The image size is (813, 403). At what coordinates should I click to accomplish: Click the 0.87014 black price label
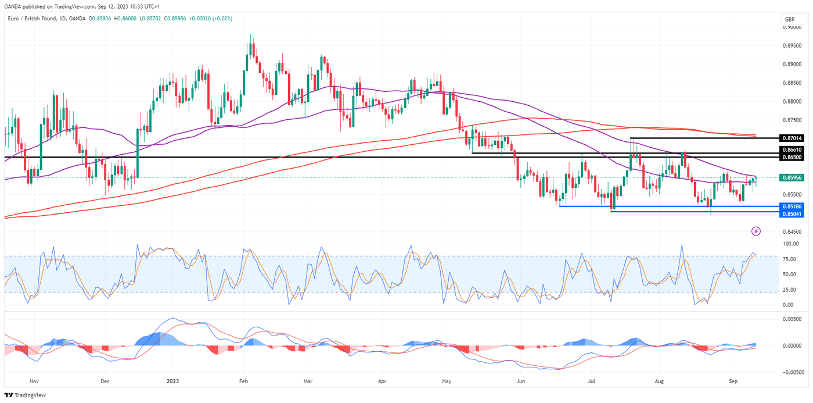pyautogui.click(x=792, y=138)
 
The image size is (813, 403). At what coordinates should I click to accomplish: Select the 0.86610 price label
pyautogui.click(x=792, y=150)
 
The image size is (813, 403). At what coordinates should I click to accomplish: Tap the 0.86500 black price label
pyautogui.click(x=792, y=158)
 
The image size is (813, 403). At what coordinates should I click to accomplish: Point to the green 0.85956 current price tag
pyautogui.click(x=792, y=177)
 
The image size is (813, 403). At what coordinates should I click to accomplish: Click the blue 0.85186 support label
pyautogui.click(x=792, y=206)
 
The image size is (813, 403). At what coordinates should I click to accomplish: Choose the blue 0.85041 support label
pyautogui.click(x=792, y=214)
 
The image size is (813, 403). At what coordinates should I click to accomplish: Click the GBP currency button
pyautogui.click(x=790, y=20)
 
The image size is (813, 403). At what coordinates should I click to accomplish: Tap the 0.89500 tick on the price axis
pyautogui.click(x=791, y=45)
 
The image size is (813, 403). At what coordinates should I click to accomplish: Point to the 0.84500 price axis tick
pyautogui.click(x=791, y=231)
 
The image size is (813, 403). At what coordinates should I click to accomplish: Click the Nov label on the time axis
pyautogui.click(x=34, y=381)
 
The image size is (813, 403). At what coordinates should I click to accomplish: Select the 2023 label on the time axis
pyautogui.click(x=173, y=381)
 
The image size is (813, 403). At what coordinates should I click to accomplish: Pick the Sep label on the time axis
pyautogui.click(x=733, y=381)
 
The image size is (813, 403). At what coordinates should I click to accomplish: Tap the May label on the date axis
pyautogui.click(x=446, y=381)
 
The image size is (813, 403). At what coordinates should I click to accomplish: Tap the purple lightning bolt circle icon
pyautogui.click(x=756, y=231)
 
